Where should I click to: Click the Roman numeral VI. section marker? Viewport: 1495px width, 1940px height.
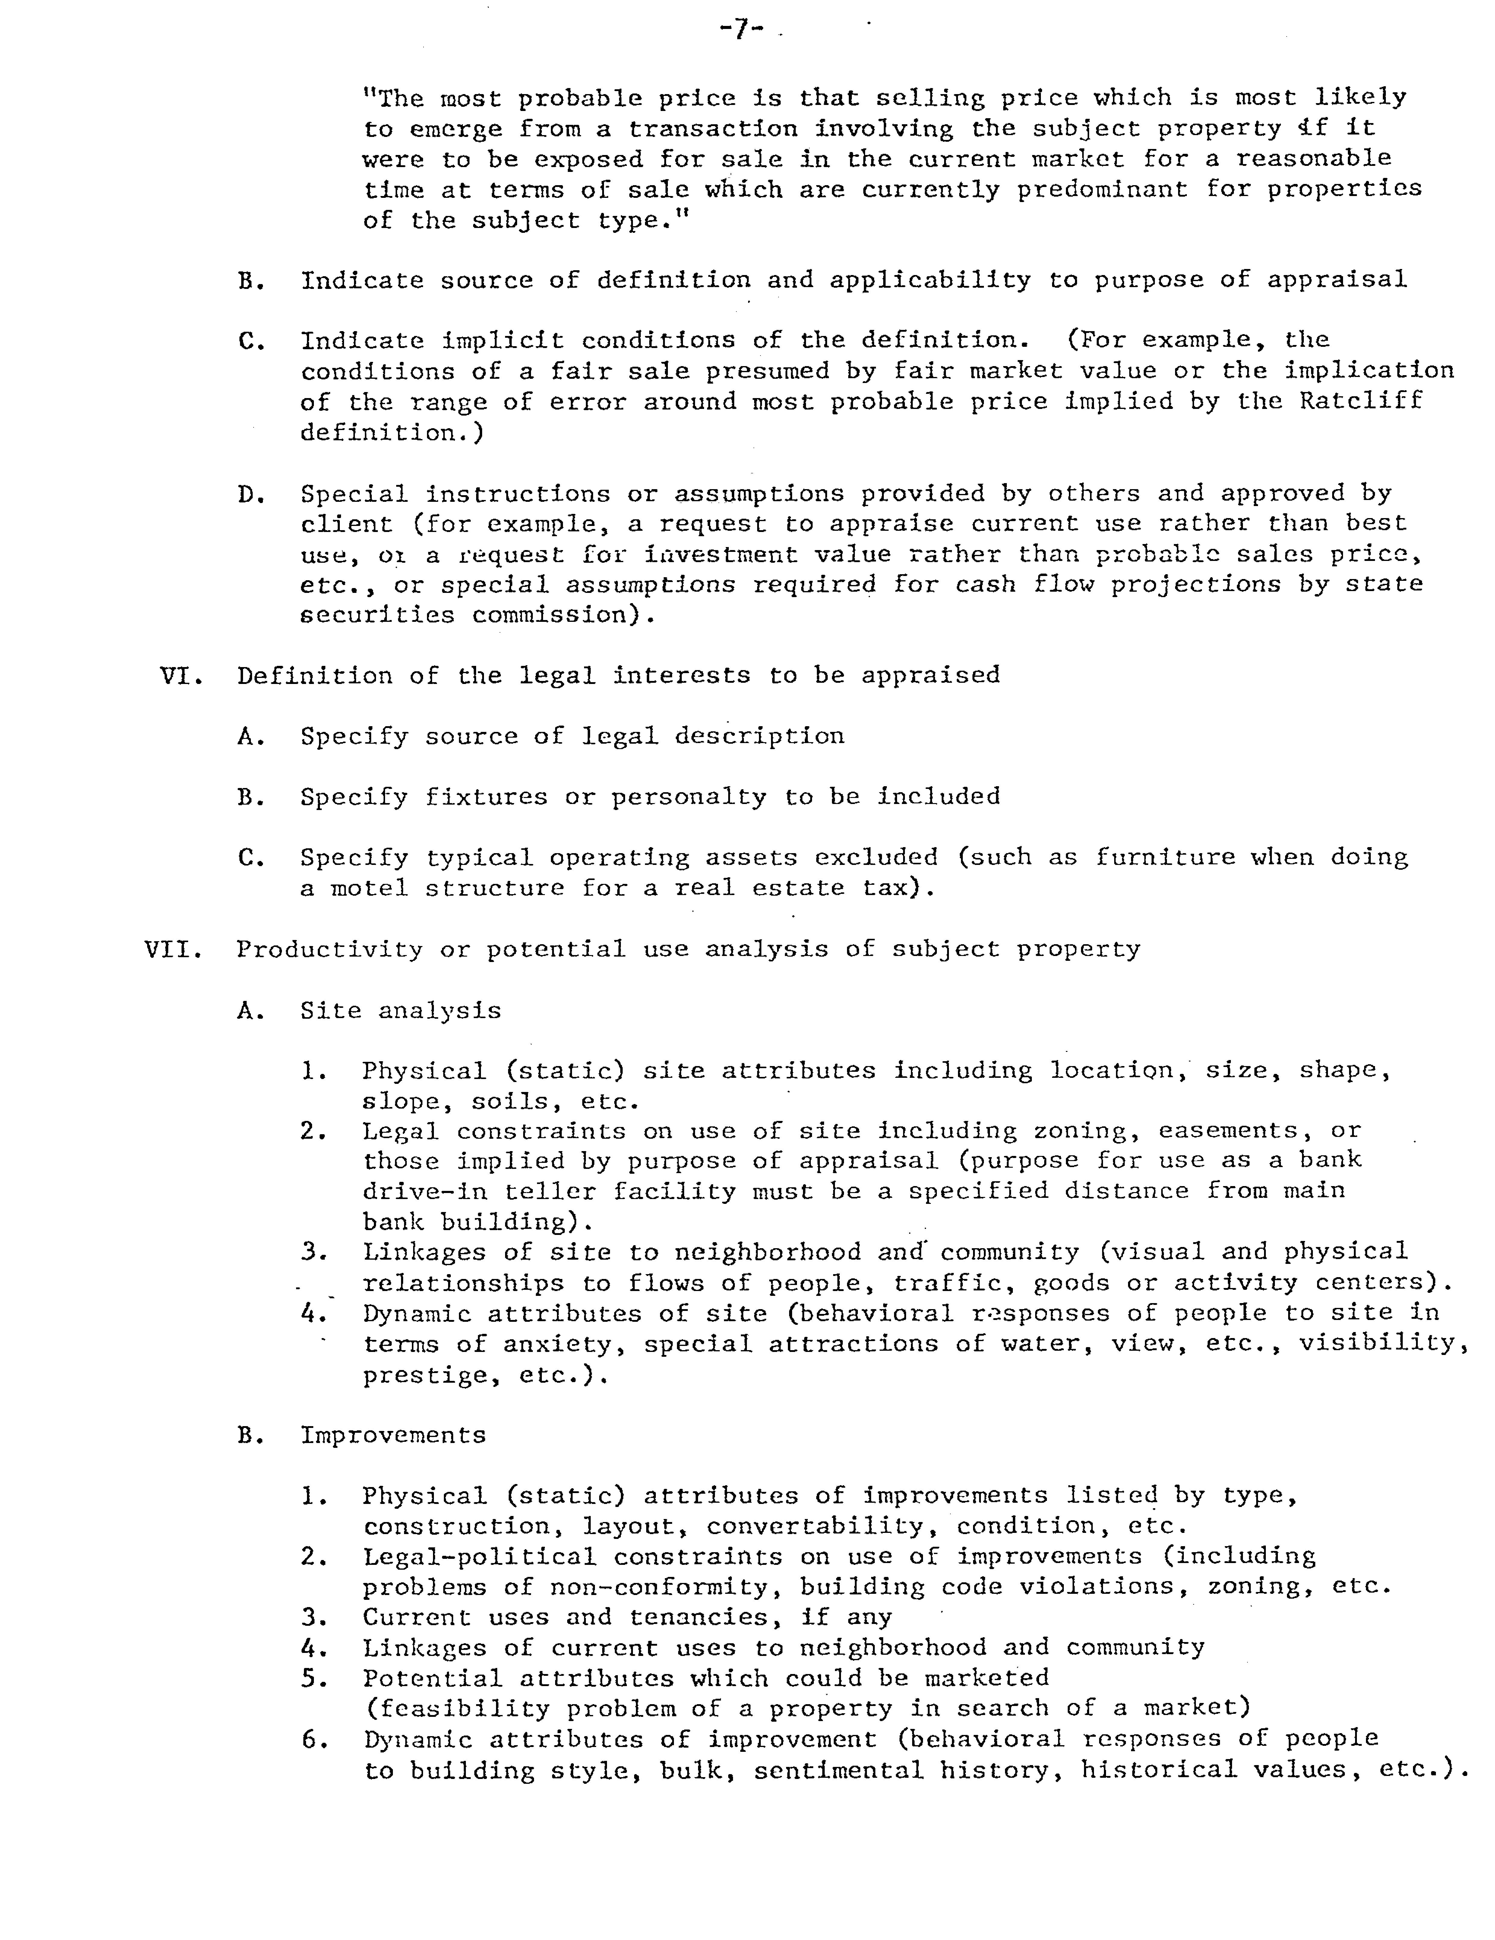(x=182, y=676)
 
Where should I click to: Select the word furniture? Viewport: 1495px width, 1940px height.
(x=1165, y=857)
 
